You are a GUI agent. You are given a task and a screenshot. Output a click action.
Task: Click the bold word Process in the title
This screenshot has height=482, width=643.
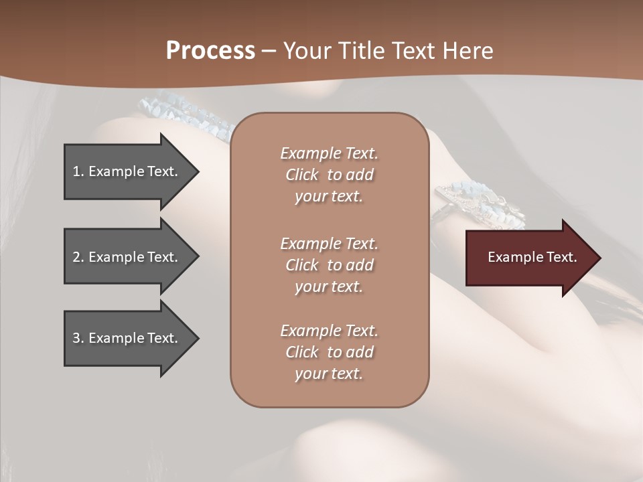[210, 51]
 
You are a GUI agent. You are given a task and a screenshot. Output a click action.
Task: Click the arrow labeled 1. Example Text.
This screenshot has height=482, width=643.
[127, 171]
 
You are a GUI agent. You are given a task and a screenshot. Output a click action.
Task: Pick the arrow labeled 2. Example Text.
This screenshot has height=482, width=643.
[127, 257]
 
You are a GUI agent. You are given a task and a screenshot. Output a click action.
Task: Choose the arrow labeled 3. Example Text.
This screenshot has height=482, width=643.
[127, 338]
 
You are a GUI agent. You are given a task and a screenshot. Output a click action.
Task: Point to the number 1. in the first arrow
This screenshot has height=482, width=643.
[78, 171]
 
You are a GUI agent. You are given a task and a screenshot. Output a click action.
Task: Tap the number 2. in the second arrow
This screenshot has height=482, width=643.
[78, 257]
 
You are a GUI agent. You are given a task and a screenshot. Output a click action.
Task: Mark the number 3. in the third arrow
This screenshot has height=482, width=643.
[78, 338]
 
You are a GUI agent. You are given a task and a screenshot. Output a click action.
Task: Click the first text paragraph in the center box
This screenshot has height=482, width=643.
[329, 175]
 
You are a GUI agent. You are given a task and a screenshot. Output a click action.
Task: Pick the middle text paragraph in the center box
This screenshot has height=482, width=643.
[329, 265]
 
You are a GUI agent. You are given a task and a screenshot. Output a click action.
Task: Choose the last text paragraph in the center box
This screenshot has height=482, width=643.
[329, 352]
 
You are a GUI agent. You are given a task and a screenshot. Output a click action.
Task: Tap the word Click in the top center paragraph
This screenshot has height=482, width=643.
[302, 175]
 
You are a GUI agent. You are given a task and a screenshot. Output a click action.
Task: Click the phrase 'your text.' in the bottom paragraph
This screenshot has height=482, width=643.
[329, 374]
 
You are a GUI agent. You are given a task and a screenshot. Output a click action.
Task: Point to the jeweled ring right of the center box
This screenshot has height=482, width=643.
[479, 204]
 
